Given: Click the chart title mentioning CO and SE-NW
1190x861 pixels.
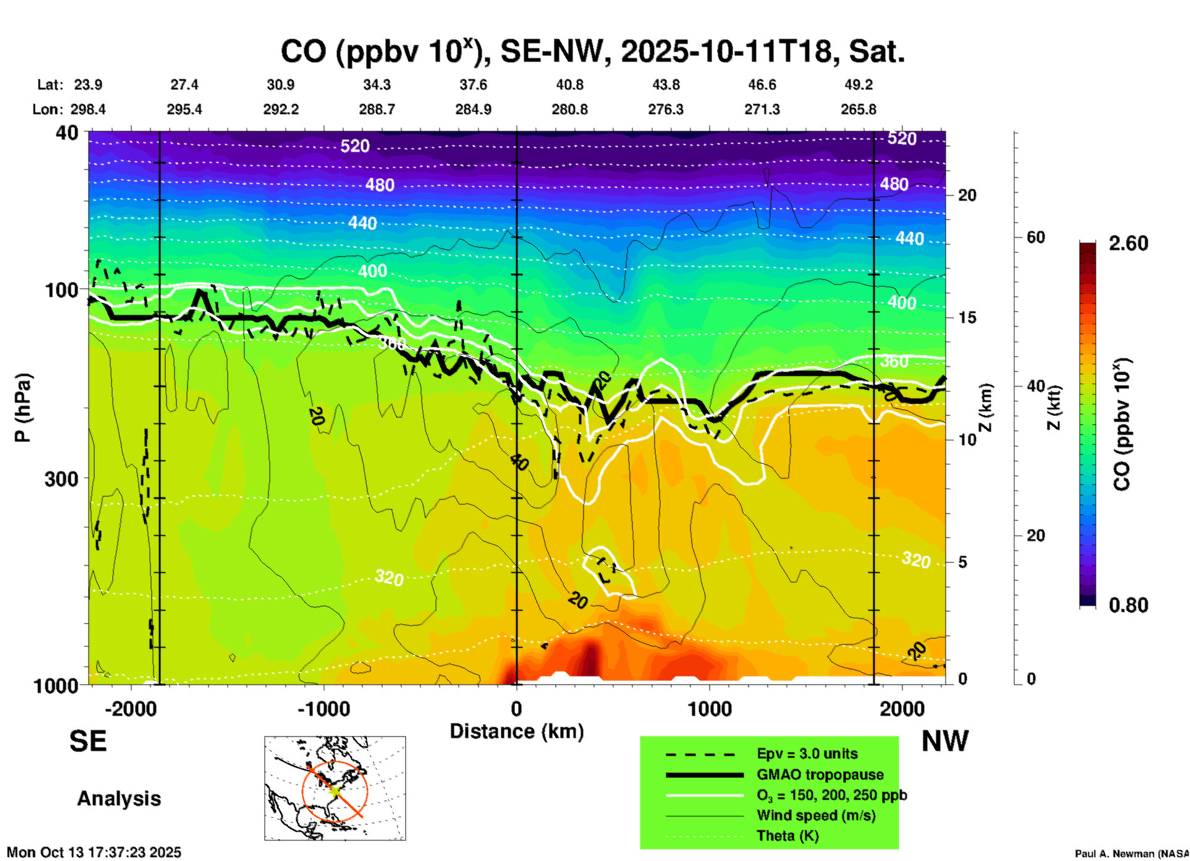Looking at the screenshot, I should (x=593, y=52).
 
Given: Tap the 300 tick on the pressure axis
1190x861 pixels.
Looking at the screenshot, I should (x=62, y=479).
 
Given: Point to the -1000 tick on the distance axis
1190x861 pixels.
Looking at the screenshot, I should (x=324, y=709).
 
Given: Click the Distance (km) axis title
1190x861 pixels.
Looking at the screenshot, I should (x=517, y=731).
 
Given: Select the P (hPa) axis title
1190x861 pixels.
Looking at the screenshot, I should (x=23, y=408).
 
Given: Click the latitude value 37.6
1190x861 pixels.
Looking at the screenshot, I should (x=473, y=85).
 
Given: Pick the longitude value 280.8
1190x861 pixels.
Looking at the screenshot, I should (x=569, y=109).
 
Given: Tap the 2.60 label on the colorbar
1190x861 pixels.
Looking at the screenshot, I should (x=1128, y=243).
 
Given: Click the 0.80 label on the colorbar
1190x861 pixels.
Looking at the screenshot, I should (x=1128, y=605).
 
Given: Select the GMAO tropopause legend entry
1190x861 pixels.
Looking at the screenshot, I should (x=820, y=775).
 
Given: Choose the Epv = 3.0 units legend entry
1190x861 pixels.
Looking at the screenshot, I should (x=807, y=754).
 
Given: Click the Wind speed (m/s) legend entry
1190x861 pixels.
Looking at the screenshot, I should (x=816, y=815).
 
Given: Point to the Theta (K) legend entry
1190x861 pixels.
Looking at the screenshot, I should (x=787, y=836).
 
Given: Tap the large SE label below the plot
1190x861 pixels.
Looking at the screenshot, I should (x=88, y=741).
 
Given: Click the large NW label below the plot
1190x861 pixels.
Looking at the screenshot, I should (x=945, y=741).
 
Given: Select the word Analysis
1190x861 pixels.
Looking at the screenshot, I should (x=119, y=799).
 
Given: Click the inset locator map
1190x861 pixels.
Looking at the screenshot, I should (x=335, y=788).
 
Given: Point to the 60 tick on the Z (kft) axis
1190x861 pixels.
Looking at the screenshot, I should (x=1036, y=238).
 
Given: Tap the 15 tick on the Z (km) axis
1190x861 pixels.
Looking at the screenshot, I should (x=967, y=317).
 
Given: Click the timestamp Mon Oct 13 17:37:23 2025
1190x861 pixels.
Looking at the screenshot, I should (x=94, y=852).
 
